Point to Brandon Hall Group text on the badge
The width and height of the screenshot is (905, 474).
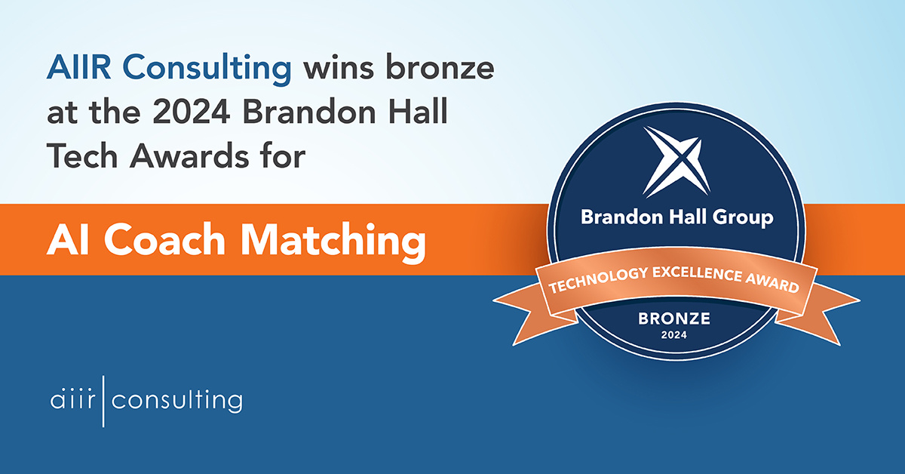pos(676,218)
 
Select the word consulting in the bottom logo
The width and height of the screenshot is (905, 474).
pos(176,401)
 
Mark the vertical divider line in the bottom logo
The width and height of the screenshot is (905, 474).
pos(103,401)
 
